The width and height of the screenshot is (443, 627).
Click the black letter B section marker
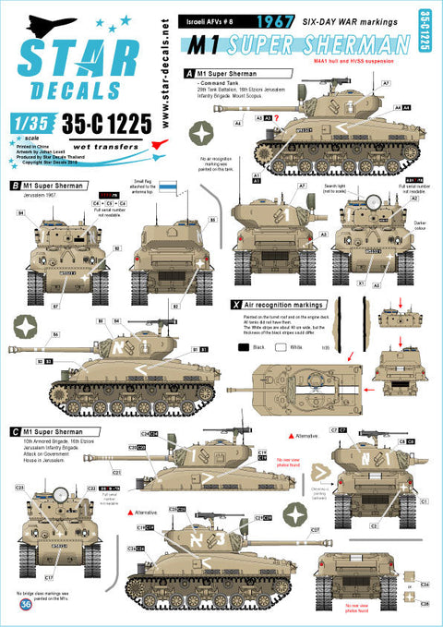(15, 186)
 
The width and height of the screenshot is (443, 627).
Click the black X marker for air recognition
(235, 303)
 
